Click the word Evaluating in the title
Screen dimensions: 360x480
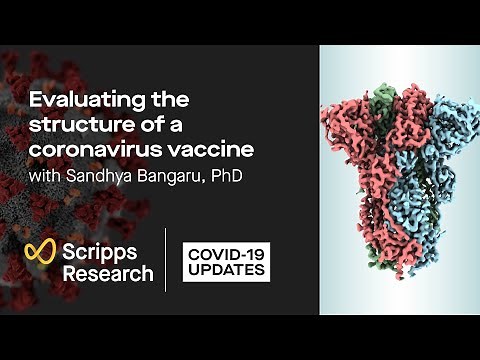[x=75, y=101]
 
